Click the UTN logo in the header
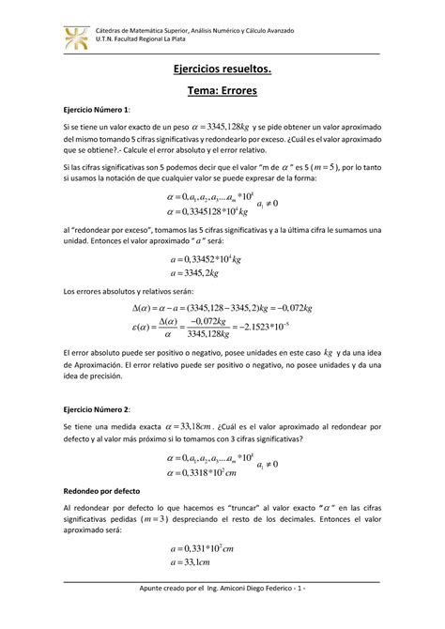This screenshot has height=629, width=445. (76, 38)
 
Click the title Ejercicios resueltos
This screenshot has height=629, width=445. (222, 70)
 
